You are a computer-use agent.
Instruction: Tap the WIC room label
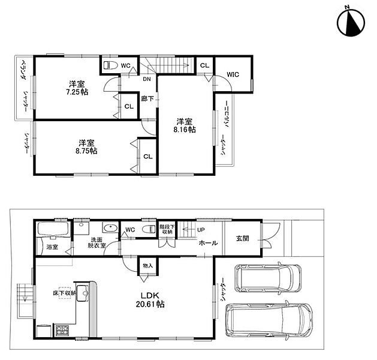(233, 74)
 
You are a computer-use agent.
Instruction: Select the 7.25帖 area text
(77, 92)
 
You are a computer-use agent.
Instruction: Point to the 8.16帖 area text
(185, 130)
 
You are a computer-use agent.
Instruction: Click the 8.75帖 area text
(86, 151)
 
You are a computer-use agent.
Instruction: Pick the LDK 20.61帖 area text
(150, 300)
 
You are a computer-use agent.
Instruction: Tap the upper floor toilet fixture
(110, 65)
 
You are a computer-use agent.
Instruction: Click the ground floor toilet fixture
(149, 229)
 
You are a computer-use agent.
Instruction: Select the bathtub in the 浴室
(53, 229)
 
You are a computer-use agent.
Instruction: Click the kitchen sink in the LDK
(83, 293)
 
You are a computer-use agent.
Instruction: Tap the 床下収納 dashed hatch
(65, 293)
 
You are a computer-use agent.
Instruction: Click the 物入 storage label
(147, 266)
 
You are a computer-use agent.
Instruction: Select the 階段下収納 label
(167, 229)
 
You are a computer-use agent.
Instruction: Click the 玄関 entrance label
(242, 238)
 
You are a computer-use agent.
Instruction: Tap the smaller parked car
(267, 278)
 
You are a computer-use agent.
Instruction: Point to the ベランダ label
(24, 70)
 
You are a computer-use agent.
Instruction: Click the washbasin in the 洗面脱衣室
(110, 227)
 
